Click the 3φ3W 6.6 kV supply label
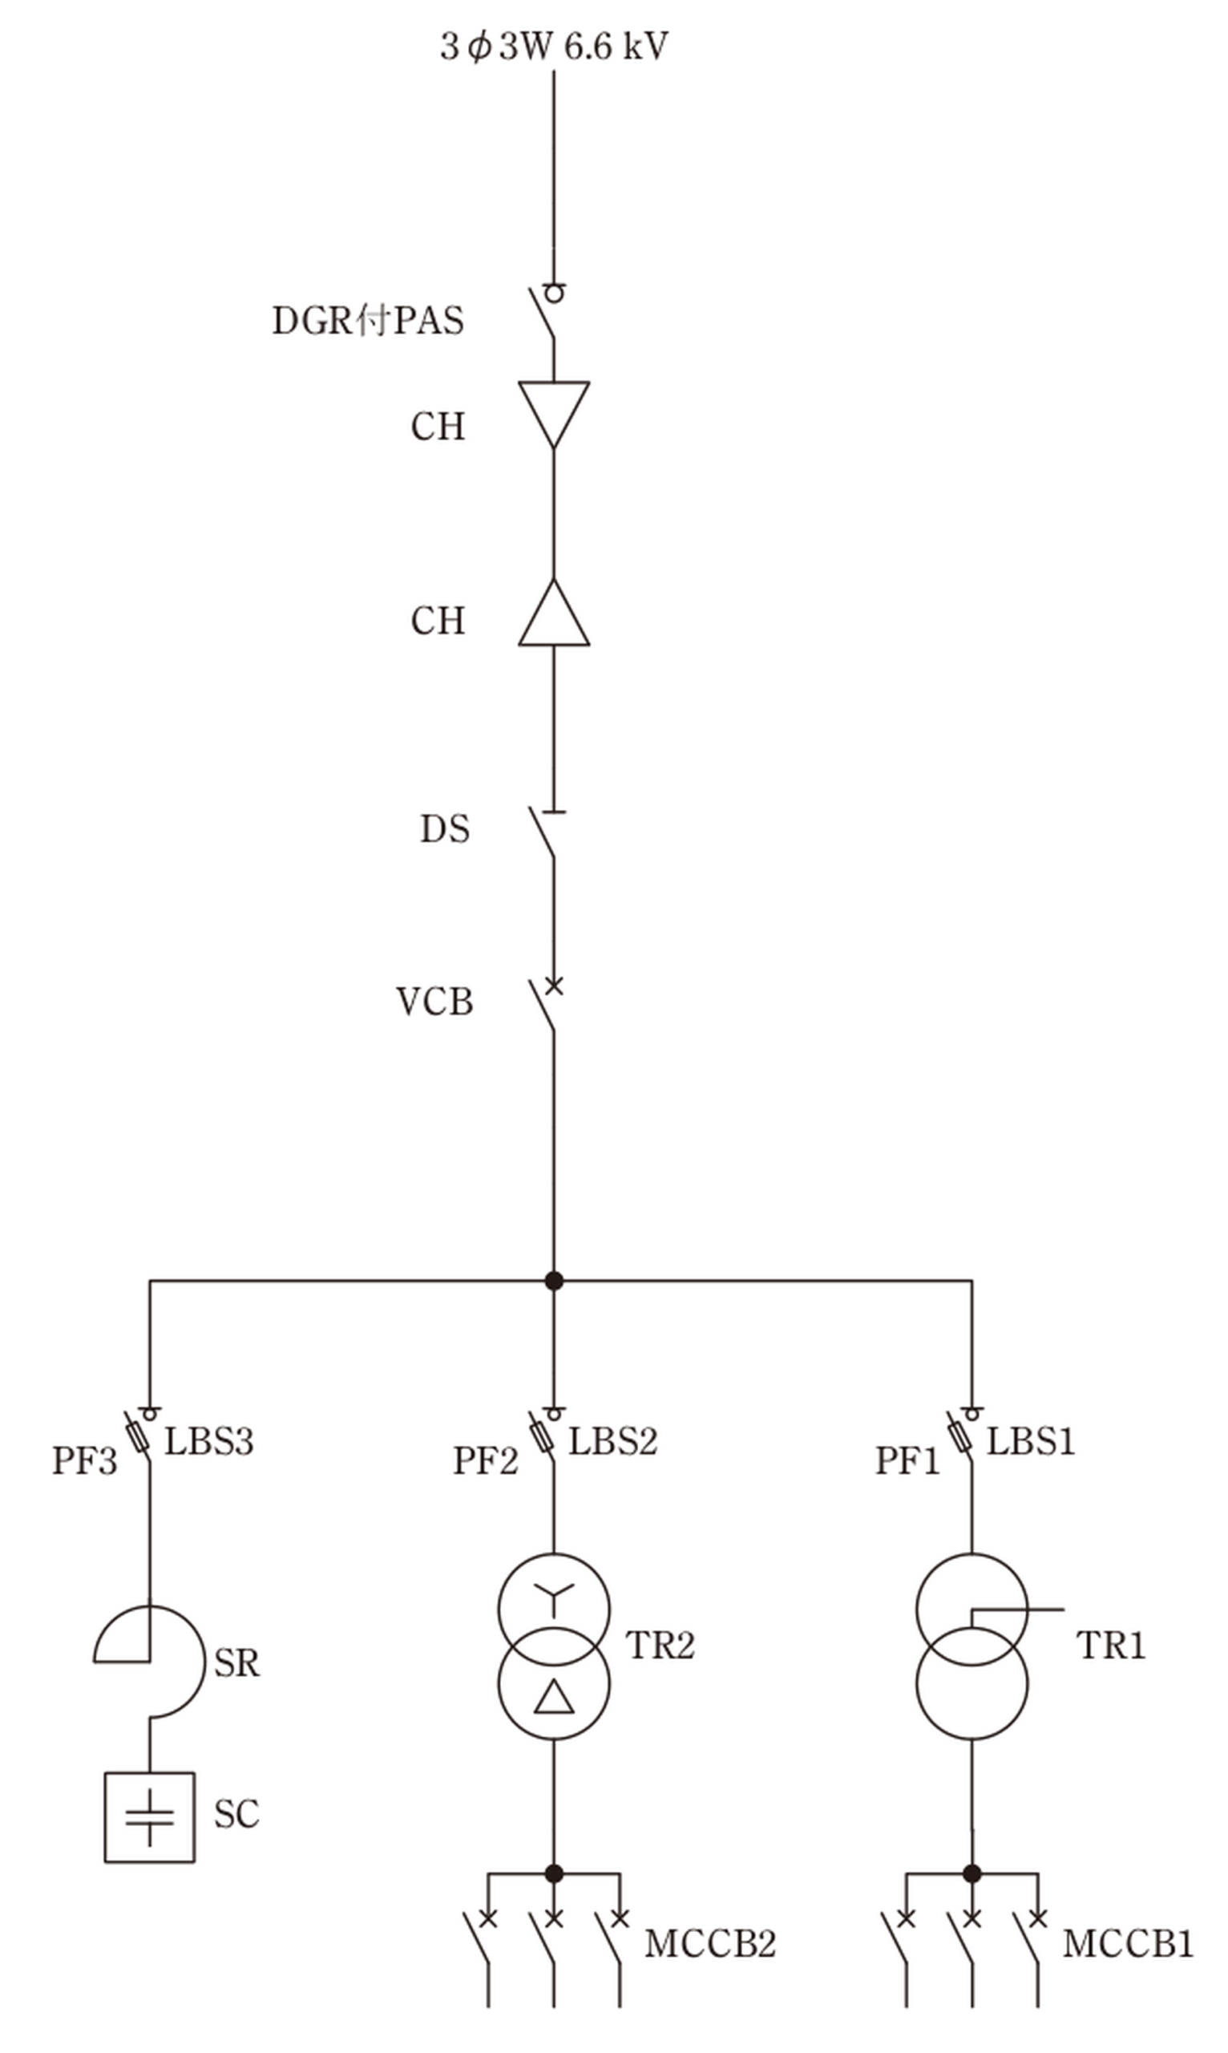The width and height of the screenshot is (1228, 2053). [x=554, y=47]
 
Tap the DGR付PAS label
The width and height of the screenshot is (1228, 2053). [x=368, y=320]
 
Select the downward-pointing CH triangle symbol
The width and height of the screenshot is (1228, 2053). [x=554, y=414]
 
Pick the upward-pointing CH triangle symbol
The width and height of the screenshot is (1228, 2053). [x=554, y=612]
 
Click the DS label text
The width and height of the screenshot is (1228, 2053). [x=445, y=828]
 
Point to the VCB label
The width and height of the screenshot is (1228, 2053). [x=434, y=1002]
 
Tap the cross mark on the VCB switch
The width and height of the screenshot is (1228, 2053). [x=555, y=985]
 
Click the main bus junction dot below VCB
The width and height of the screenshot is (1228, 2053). [x=555, y=1281]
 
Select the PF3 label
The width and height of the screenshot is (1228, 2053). [x=84, y=1461]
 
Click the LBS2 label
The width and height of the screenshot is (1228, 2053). [x=612, y=1441]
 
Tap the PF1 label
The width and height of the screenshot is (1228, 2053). [x=907, y=1461]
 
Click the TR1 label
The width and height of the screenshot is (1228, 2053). [x=1111, y=1645]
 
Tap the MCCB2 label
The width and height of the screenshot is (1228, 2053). [x=710, y=1944]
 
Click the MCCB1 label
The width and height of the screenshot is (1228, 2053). [x=1128, y=1944]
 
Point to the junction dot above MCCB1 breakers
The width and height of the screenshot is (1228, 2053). [x=972, y=1873]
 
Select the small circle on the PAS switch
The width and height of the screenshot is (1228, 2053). [x=555, y=293]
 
